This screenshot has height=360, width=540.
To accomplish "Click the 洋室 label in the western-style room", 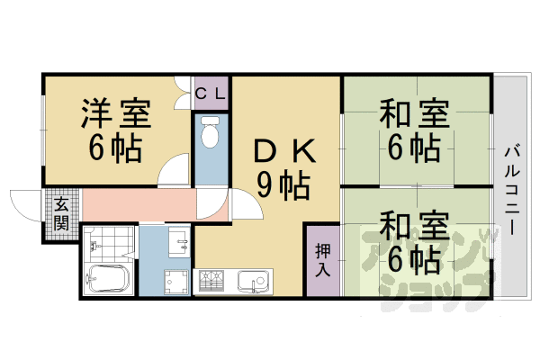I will click(116, 115).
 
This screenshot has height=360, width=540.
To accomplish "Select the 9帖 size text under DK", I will click(283, 186).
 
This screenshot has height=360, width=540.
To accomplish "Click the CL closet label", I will click(211, 92).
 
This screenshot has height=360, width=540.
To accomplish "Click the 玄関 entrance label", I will click(61, 212).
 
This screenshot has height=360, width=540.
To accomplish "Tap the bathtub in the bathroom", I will click(107, 278).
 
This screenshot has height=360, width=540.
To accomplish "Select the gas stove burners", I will click(213, 282).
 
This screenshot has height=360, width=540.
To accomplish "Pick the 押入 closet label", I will click(322, 259).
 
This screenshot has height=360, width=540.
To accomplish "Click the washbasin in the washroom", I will click(177, 240).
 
